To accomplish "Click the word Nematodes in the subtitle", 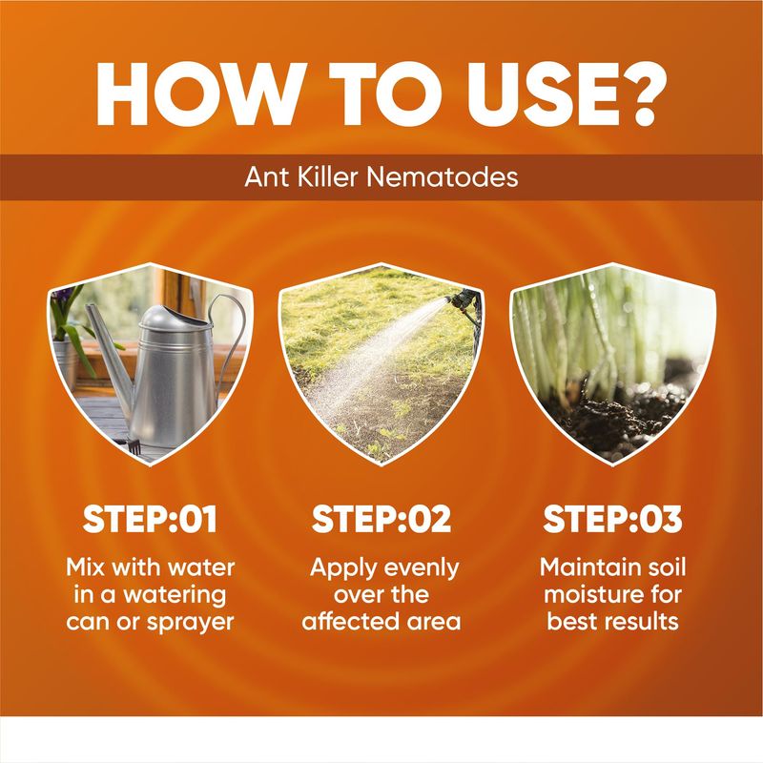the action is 443,176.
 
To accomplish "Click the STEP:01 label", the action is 150,519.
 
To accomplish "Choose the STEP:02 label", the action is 381,519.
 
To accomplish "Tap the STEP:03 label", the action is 612,519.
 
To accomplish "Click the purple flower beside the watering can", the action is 62,296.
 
